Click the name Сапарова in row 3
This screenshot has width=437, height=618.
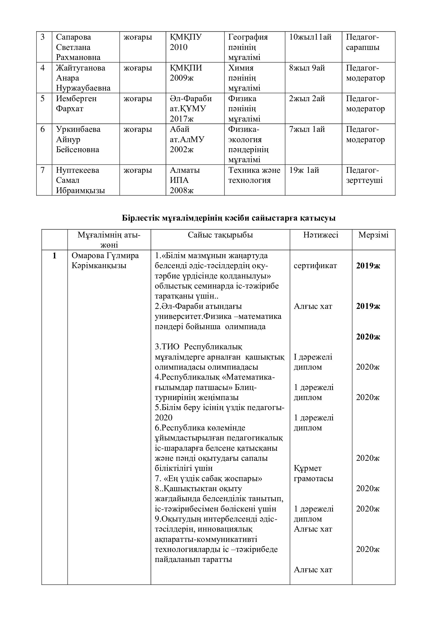pyautogui.click(x=73, y=37)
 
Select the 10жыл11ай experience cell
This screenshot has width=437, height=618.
pyautogui.click(x=310, y=37)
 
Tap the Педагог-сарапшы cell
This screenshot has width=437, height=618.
pyautogui.click(x=362, y=42)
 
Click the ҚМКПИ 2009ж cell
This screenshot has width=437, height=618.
pyautogui.click(x=186, y=73)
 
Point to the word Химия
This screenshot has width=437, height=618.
pyautogui.click(x=241, y=68)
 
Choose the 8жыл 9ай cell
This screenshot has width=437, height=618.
pyautogui.click(x=307, y=68)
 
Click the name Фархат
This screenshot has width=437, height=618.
pyautogui.click(x=70, y=109)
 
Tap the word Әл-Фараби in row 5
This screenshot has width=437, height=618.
pyautogui.click(x=191, y=99)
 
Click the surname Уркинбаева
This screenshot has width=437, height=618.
pyautogui.click(x=78, y=129)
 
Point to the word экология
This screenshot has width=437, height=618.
pyautogui.click(x=245, y=140)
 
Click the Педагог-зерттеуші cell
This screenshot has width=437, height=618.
pyautogui.click(x=364, y=175)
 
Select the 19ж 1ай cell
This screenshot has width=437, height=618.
pyautogui.click(x=304, y=170)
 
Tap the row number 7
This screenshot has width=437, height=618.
pyautogui.click(x=43, y=170)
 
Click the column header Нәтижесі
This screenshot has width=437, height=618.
pyautogui.click(x=321, y=235)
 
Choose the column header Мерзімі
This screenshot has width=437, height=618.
pyautogui.click(x=373, y=235)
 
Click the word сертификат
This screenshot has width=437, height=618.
pyautogui.click(x=315, y=266)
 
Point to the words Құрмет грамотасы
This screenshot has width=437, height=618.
pyautogui.click(x=313, y=473)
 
